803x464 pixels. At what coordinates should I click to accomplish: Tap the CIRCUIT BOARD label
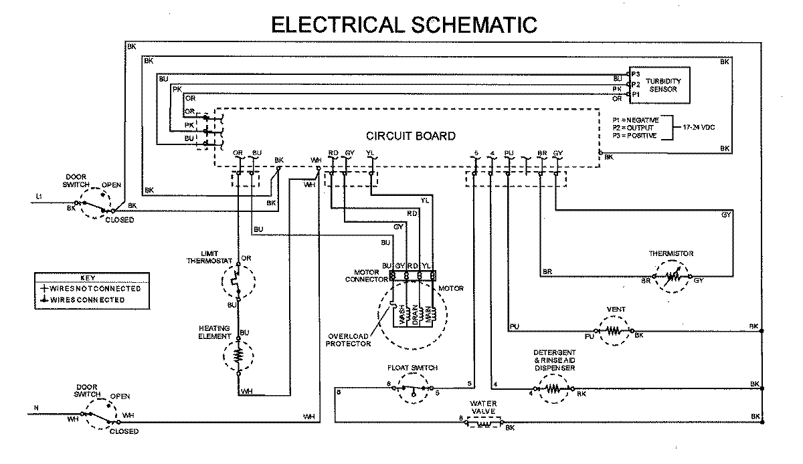[x=410, y=136]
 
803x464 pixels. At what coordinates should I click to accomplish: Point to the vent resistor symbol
[x=614, y=330]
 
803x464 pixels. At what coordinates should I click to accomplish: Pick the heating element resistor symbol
[x=238, y=357]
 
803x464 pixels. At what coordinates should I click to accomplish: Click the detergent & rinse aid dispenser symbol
[x=552, y=388]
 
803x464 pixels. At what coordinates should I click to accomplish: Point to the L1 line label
[x=38, y=197]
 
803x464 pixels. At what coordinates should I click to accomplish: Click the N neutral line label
[x=37, y=407]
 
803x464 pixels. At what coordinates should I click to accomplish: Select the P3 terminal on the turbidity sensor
[x=635, y=73]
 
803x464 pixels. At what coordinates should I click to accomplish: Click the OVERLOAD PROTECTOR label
[x=349, y=340]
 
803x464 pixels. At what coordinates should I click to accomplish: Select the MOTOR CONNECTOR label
[x=367, y=276]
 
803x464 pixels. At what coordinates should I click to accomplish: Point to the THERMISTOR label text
[x=671, y=253]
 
